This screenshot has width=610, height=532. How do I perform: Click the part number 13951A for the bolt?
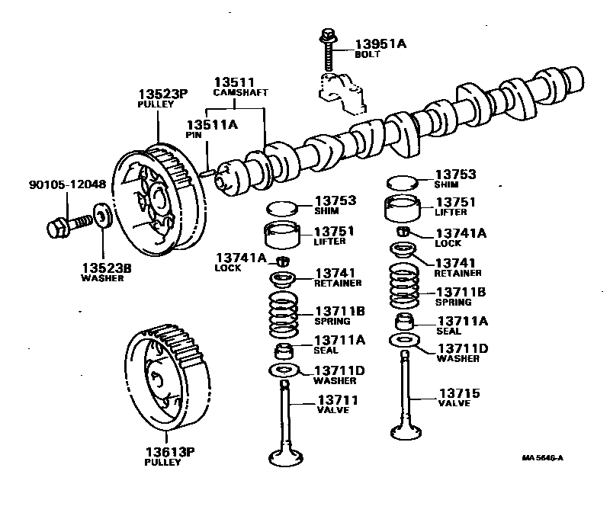pos(380,44)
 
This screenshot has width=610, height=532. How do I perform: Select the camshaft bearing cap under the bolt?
pos(339,90)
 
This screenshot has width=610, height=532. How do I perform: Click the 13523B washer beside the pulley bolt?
pos(102,214)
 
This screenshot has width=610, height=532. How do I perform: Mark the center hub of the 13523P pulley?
pos(161,200)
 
